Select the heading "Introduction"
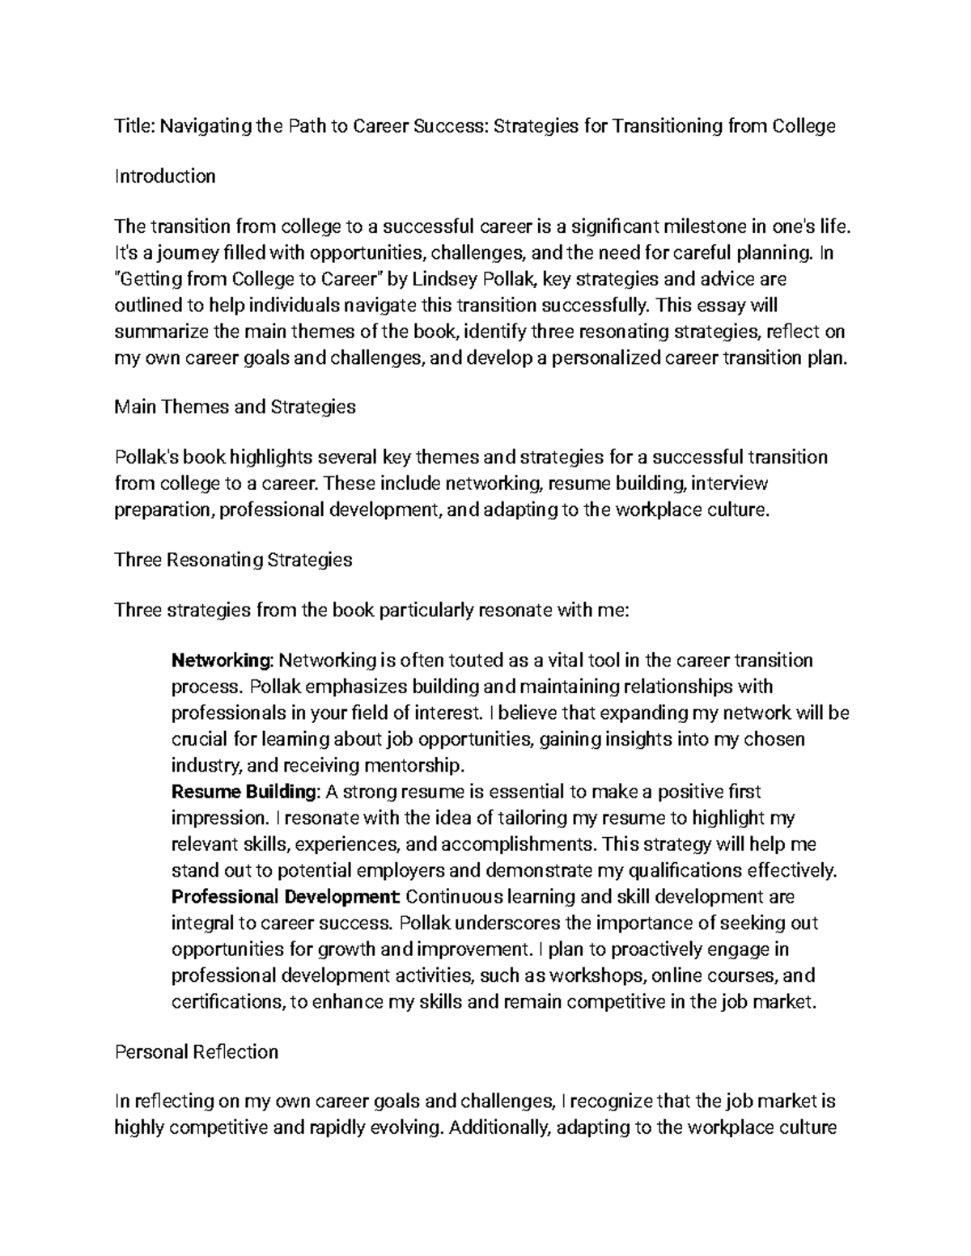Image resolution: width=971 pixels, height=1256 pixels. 165,176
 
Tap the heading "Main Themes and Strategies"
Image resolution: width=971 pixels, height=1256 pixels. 235,407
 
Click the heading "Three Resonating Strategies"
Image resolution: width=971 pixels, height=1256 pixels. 234,560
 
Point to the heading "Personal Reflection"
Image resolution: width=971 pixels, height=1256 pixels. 197,1051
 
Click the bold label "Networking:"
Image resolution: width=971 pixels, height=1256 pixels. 223,661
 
